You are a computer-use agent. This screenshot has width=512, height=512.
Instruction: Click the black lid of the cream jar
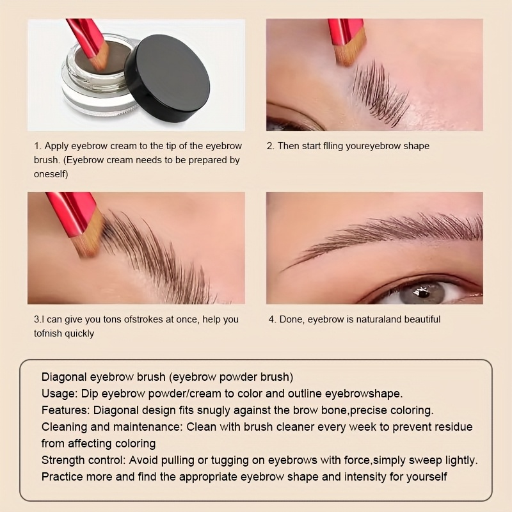[x=167, y=78]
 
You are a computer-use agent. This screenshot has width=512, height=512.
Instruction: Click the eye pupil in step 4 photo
[x=424, y=293]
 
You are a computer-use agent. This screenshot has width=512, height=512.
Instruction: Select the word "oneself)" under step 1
[x=51, y=174]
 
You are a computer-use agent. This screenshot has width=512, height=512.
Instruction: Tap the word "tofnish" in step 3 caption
[x=47, y=333]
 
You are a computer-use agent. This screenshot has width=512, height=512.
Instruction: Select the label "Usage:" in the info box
[x=60, y=394]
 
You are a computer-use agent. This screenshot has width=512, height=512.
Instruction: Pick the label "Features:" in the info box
[x=65, y=410]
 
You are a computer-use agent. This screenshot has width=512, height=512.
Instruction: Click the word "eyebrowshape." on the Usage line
[x=364, y=394]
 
